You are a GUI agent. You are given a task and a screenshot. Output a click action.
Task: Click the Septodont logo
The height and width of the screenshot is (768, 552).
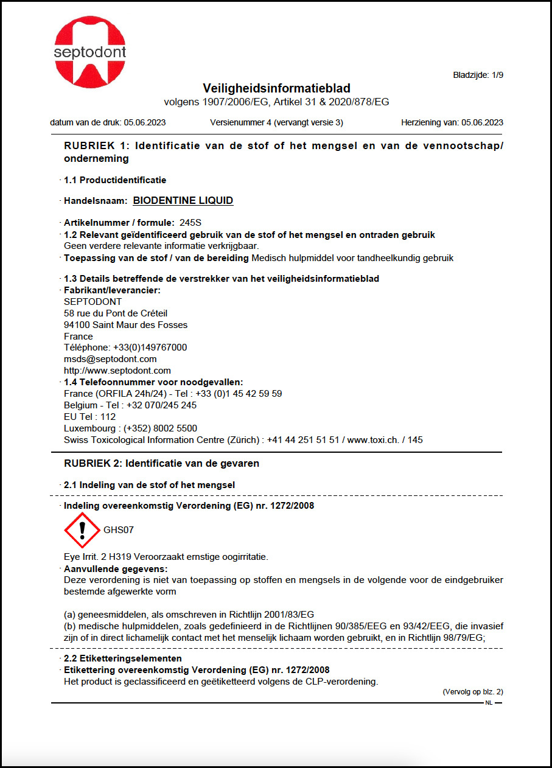(x=89, y=52)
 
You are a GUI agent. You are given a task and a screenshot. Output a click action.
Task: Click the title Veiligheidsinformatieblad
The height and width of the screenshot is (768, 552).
(x=276, y=88)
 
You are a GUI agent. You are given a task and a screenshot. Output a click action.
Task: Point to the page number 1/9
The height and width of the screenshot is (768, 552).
(x=497, y=75)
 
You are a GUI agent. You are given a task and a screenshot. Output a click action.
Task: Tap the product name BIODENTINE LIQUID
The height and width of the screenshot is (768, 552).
(x=183, y=200)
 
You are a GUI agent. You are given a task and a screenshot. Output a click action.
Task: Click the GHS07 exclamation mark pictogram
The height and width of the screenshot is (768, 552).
(x=82, y=530)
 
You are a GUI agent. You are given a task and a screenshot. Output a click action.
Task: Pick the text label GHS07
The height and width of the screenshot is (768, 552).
(x=119, y=530)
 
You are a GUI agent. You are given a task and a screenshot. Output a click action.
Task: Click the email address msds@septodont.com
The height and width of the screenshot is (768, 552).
(x=110, y=359)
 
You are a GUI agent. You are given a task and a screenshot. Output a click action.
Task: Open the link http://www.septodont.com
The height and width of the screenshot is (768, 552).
(x=117, y=370)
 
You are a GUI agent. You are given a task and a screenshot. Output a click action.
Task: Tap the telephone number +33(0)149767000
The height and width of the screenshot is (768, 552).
(x=150, y=347)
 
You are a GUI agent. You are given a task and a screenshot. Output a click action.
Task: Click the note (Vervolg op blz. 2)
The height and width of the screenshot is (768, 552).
(x=472, y=691)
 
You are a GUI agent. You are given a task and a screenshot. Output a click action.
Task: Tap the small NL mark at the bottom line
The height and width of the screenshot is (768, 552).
(x=489, y=703)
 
